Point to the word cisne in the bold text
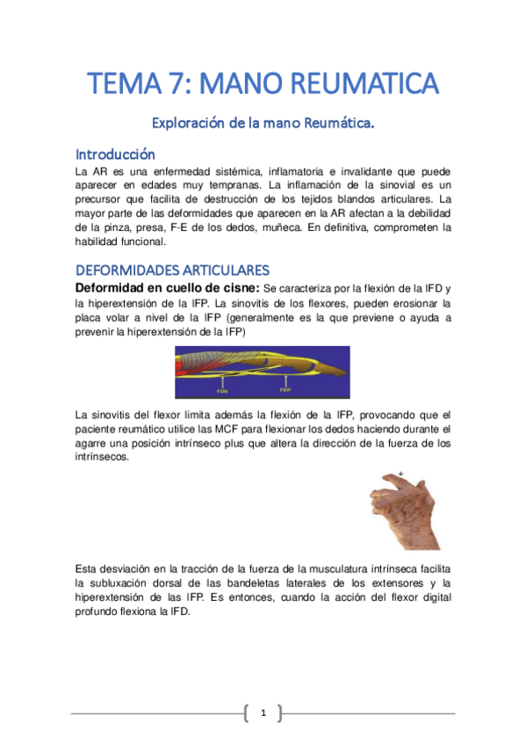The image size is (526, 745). point(237,287)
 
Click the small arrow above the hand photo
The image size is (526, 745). point(400,474)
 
